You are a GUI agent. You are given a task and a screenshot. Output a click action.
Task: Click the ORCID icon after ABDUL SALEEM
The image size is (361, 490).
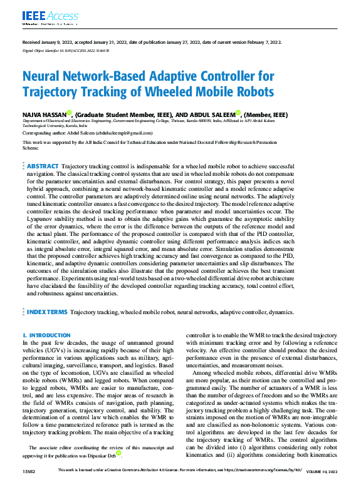(239, 113)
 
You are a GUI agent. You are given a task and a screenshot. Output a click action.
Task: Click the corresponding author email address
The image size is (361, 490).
(125, 133)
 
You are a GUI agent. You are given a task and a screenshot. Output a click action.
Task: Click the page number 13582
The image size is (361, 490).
(29, 486)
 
